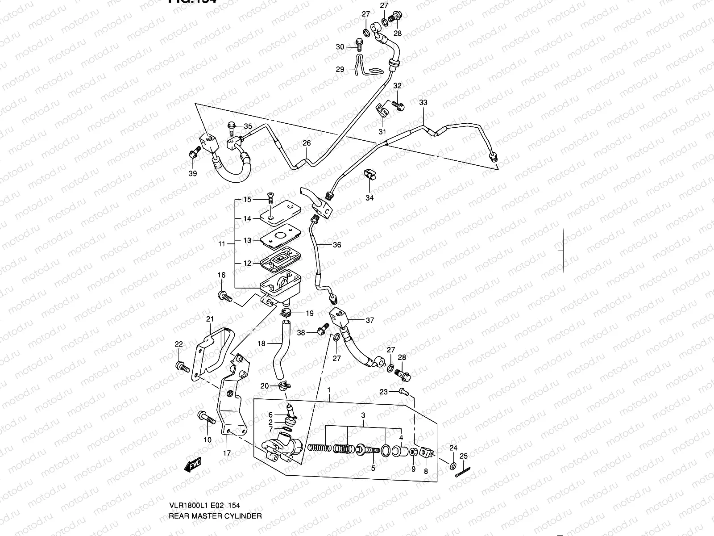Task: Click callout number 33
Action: tap(423, 103)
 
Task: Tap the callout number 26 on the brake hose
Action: tap(307, 143)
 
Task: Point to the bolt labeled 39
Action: tap(193, 153)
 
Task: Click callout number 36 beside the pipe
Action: tap(337, 245)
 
